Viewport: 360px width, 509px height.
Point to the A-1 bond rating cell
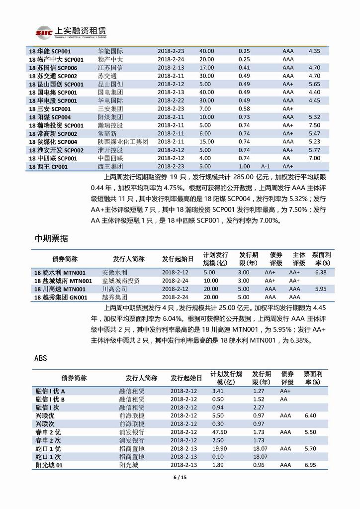265,166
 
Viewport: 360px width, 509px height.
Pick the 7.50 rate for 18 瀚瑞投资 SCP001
314,125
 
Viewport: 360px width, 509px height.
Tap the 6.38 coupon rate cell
321,272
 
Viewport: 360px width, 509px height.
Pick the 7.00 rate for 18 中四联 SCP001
314,158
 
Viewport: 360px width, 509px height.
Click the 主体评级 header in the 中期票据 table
298,259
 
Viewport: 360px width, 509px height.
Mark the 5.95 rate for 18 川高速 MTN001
321,289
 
